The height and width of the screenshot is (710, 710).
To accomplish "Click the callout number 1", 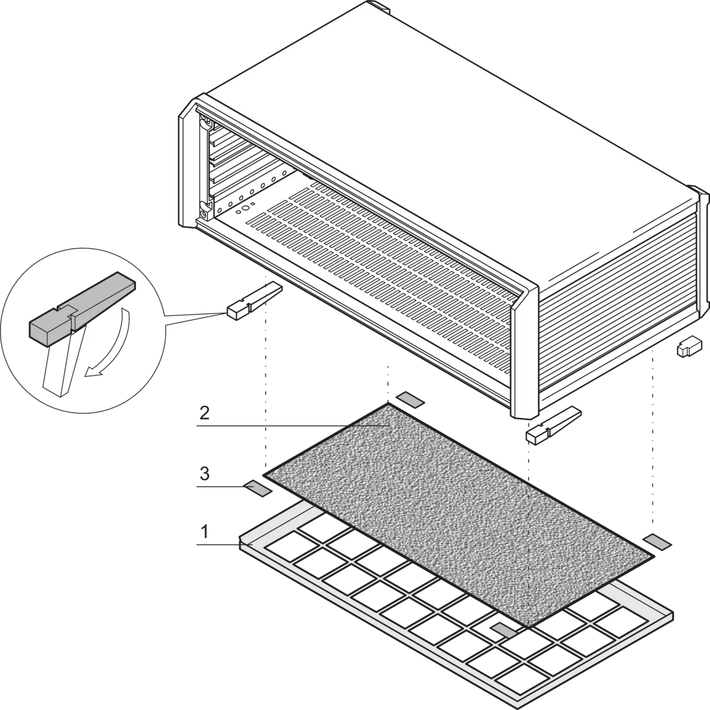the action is pos(204,532).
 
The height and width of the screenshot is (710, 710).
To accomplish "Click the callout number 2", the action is pos(204,413).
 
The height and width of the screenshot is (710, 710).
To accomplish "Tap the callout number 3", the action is pos(204,473).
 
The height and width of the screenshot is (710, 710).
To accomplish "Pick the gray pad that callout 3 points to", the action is pos(258,488).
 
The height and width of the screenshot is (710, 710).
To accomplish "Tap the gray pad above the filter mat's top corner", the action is pos(410,399).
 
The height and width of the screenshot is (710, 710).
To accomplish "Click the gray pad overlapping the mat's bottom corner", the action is pos(505,629).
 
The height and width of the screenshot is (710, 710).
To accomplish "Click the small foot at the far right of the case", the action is pos(689,347).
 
